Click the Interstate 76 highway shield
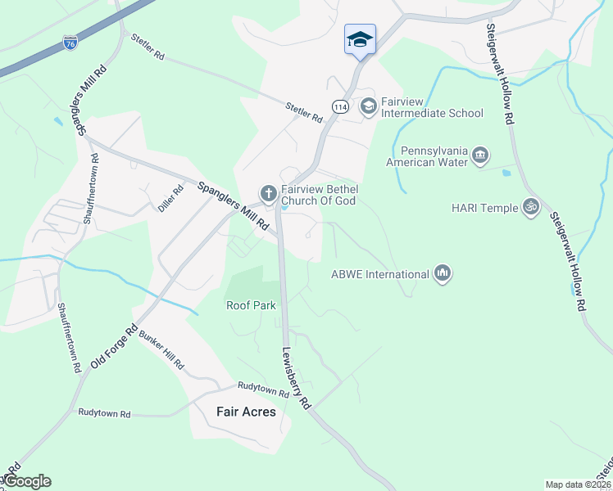pos(71,43)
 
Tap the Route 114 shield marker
pos(340,106)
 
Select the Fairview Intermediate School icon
pos(368,106)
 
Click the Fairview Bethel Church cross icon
pos(267,193)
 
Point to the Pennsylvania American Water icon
pos(480,155)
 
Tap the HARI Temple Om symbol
pos(531,207)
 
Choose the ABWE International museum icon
pos(443,273)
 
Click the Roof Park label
pos(251,305)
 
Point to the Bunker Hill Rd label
pos(162,350)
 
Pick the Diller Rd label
pos(170,199)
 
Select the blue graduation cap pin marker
pos(361,40)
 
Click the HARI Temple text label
pos(484,208)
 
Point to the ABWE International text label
pos(379,274)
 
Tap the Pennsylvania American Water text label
pos(434,156)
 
